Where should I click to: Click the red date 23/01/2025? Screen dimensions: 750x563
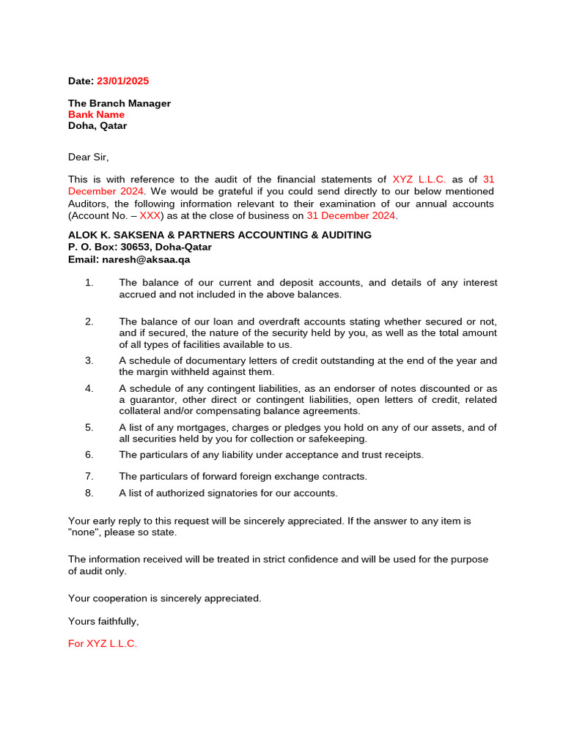(122, 81)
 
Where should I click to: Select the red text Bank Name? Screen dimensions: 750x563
(96, 114)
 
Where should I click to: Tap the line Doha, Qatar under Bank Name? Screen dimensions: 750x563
(97, 125)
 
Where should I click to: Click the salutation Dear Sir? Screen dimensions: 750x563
(88, 157)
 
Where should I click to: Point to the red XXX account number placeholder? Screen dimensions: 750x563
(150, 216)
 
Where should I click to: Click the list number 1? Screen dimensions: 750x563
(89, 283)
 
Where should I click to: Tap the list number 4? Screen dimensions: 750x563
(89, 388)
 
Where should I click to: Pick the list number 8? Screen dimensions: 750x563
(89, 493)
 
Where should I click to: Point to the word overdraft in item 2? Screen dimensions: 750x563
(279, 322)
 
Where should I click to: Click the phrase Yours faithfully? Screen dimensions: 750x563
(103, 621)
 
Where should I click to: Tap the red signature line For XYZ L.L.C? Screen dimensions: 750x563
(103, 644)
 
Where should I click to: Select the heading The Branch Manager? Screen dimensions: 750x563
(119, 103)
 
